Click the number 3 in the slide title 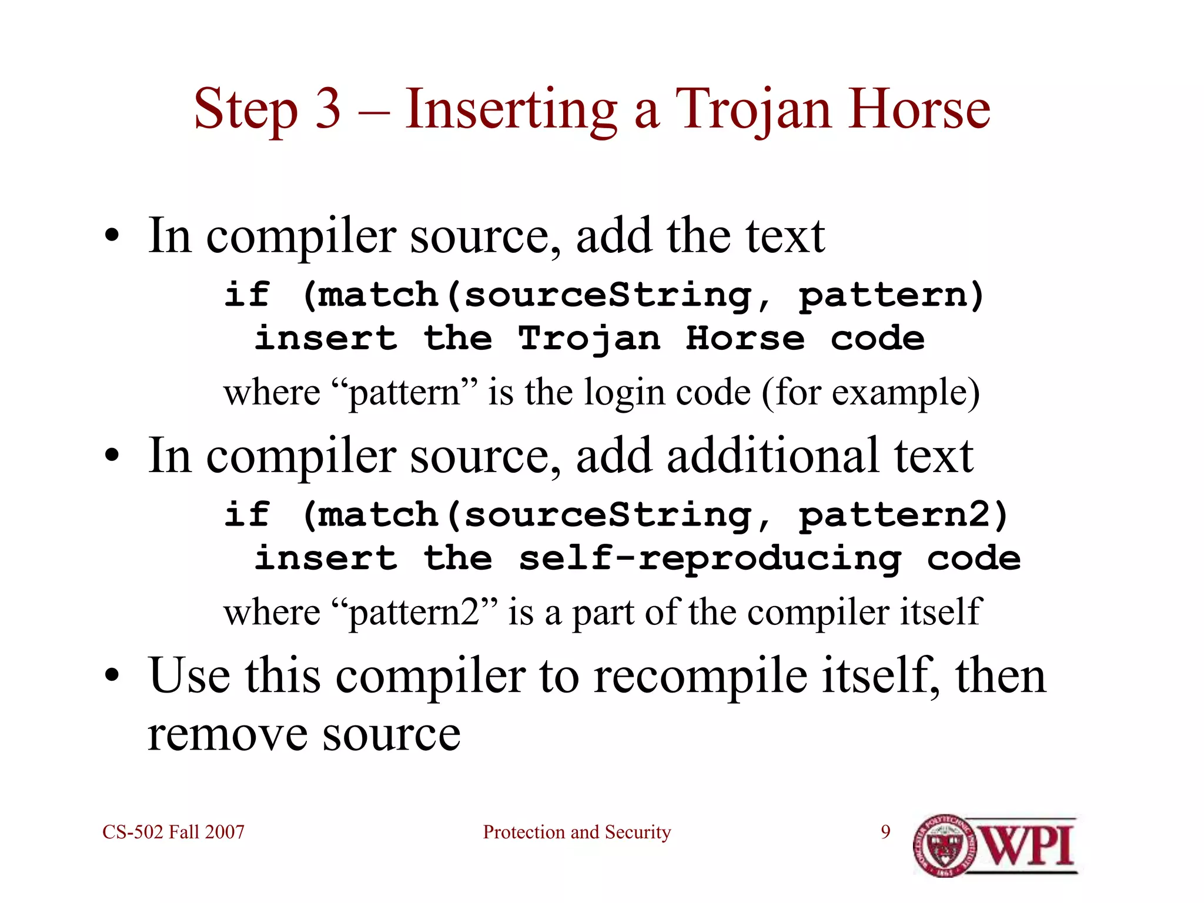pyautogui.click(x=328, y=109)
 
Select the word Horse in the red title pyautogui.click(x=919, y=109)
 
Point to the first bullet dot pyautogui.click(x=112, y=237)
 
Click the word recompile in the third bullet pyautogui.click(x=701, y=676)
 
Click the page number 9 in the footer pyautogui.click(x=885, y=832)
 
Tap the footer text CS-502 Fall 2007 pyautogui.click(x=173, y=832)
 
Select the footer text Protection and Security pyautogui.click(x=577, y=832)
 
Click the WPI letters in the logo pyautogui.click(x=1029, y=845)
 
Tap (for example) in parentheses pyautogui.click(x=871, y=392)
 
